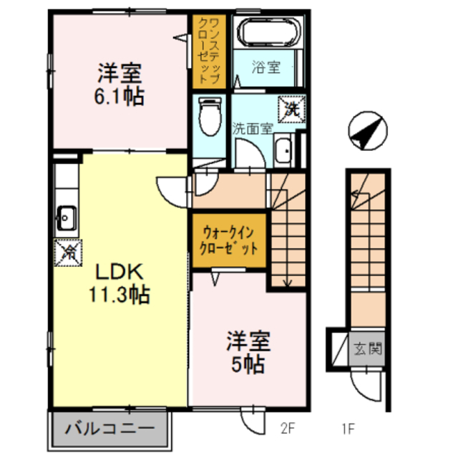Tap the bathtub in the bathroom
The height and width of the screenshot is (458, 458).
pos(268,34)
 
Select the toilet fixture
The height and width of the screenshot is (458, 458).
pos(210,115)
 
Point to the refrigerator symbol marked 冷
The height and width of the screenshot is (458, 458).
pos(69,250)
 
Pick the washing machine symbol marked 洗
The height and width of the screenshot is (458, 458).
pos(293,109)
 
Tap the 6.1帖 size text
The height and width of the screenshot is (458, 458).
pos(121,95)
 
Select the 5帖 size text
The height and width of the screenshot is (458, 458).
pos(248,364)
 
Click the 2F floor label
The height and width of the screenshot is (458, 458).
pos(288,429)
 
